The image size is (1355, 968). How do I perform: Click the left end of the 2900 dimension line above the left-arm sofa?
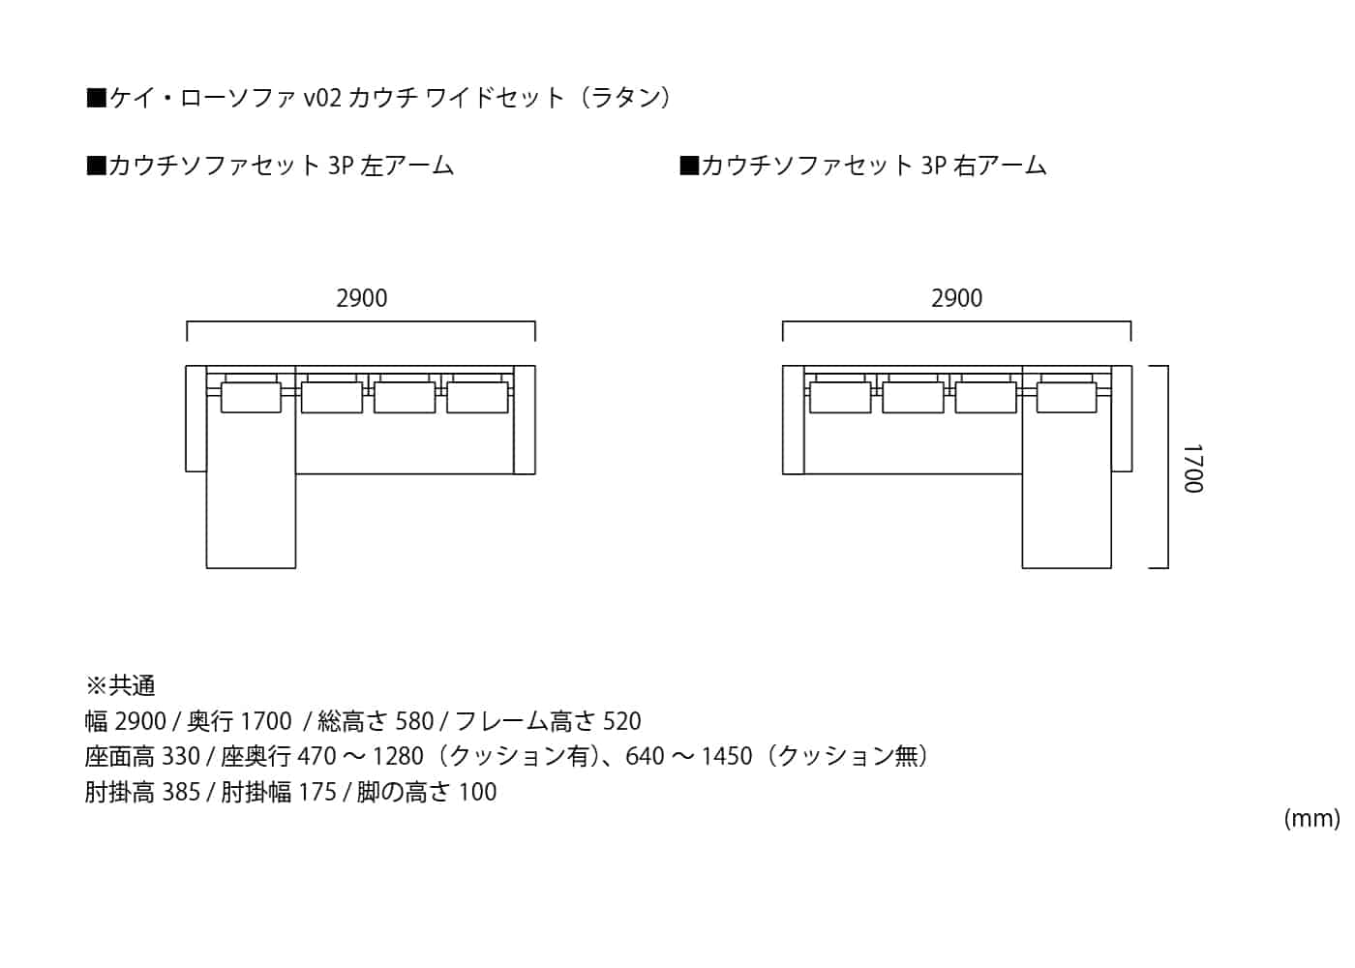[x=187, y=341]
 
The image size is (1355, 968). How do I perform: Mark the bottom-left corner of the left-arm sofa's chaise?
[x=206, y=568]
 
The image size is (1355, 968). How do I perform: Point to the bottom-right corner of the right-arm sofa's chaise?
[x=1111, y=568]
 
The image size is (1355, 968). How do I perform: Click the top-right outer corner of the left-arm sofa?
[x=535, y=366]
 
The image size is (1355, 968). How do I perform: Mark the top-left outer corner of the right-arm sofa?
[x=783, y=366]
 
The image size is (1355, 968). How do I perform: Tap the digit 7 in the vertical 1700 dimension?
[x=1192, y=462]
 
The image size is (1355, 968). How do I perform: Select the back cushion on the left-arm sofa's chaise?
[x=251, y=397]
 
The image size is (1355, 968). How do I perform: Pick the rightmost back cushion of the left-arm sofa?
[x=477, y=397]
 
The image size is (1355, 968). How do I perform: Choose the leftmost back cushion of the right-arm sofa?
[x=840, y=397]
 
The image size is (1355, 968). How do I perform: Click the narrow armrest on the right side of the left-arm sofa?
[x=525, y=420]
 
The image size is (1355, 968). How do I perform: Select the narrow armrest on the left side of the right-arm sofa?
[x=793, y=420]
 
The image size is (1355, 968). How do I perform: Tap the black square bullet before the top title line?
[x=96, y=98]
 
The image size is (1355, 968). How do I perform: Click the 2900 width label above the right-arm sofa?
[x=957, y=298]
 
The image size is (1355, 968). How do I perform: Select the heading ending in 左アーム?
[x=270, y=166]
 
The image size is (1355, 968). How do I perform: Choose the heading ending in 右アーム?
[x=862, y=166]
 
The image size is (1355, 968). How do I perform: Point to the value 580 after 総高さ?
[x=414, y=721]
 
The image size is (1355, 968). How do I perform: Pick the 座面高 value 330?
[x=181, y=756]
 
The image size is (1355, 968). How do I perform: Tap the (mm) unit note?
[x=1311, y=819]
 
